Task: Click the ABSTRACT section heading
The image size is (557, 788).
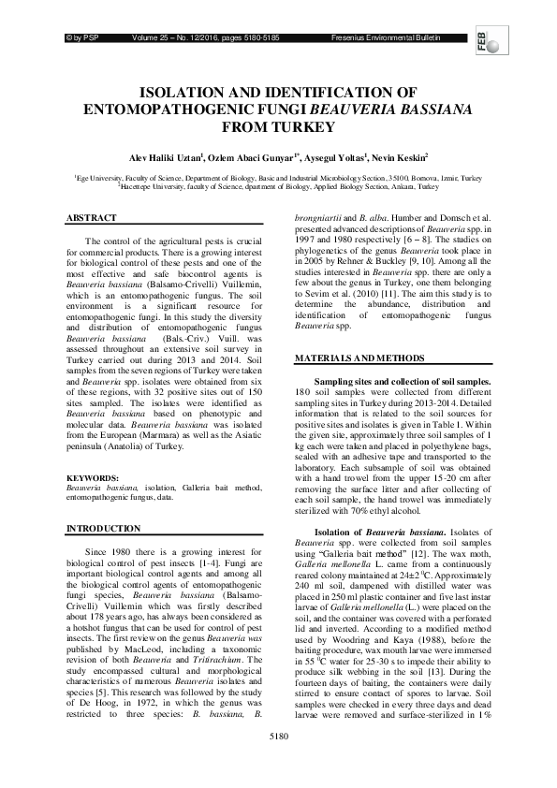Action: click(91, 217)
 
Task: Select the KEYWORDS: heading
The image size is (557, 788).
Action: click(92, 478)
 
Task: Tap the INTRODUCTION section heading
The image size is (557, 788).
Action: click(101, 529)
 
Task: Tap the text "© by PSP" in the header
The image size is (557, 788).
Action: click(80, 37)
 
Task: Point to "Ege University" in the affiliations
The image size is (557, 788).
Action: click(98, 177)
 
